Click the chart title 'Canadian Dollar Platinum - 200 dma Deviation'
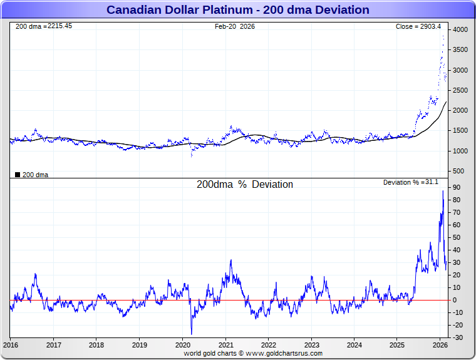[x=238, y=10]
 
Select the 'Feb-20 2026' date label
[x=235, y=26]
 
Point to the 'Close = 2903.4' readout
[x=418, y=26]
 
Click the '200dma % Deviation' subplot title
[x=245, y=185]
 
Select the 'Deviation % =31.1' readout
[x=411, y=182]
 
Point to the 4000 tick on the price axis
[x=460, y=30]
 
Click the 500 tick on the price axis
[x=458, y=171]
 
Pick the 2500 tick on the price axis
[x=460, y=91]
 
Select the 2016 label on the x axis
[x=11, y=345]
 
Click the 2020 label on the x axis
[x=182, y=345]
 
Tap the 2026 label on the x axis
[x=440, y=345]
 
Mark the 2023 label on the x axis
[x=311, y=345]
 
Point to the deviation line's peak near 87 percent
[x=443, y=191]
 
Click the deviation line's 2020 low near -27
[x=192, y=334]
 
